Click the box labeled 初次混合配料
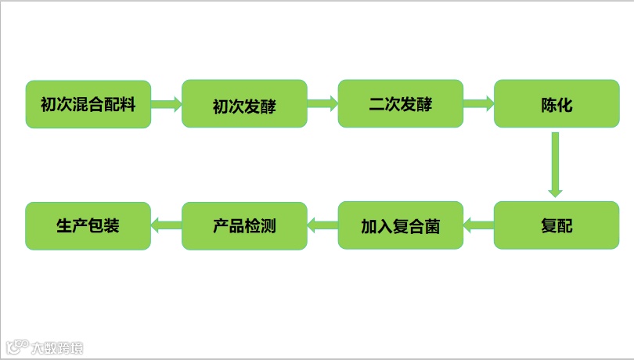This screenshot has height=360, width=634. tap(88, 104)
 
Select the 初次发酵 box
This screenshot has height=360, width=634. tap(244, 104)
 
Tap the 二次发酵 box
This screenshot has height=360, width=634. tap(400, 104)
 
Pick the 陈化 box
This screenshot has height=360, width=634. tap(557, 104)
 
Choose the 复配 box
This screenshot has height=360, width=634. tap(557, 226)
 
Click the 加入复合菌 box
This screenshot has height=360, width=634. tap(400, 226)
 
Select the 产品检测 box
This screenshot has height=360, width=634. tap(244, 226)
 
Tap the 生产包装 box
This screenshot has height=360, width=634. tap(88, 226)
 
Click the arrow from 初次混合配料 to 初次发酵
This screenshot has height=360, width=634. tap(166, 103)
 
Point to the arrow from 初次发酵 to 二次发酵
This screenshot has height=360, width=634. tap(322, 103)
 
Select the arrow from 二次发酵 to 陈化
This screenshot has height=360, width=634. tap(478, 103)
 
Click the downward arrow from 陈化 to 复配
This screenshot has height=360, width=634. tap(555, 164)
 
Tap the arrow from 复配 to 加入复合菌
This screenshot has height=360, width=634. tap(478, 226)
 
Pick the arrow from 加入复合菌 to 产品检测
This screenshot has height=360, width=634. tap(322, 226)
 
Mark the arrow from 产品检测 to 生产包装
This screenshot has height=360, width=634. tap(166, 226)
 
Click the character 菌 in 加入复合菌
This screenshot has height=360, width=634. tap(431, 227)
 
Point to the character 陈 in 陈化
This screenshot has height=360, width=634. tap(549, 105)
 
